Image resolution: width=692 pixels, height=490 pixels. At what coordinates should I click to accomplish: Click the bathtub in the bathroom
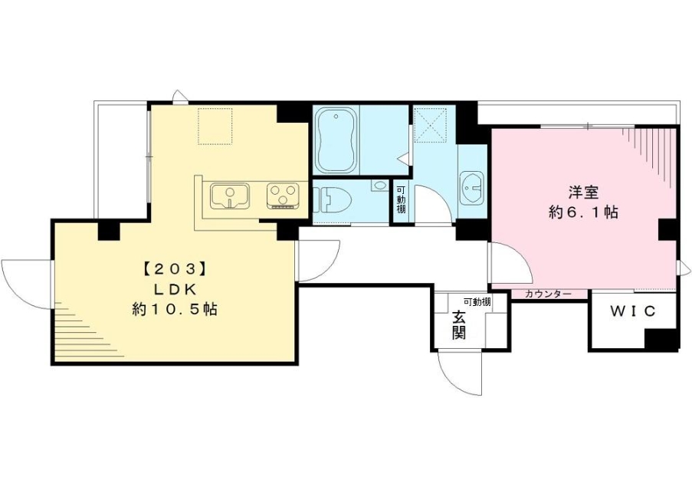(x=336, y=143)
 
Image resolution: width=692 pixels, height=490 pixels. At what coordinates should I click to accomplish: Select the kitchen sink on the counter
(x=228, y=196)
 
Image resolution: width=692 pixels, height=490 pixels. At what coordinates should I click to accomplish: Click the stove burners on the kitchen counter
(x=282, y=196)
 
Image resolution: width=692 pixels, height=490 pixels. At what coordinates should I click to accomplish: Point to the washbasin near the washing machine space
(x=472, y=187)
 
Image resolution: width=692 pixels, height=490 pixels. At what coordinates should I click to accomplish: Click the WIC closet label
(x=633, y=311)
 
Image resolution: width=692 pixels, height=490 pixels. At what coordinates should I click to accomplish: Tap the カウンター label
(x=548, y=294)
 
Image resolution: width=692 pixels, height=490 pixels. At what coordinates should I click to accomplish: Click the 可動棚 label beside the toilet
(x=400, y=201)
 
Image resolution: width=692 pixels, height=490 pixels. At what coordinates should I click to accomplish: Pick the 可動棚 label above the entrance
(x=477, y=301)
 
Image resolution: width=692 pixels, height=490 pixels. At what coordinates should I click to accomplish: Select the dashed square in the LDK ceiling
(x=215, y=125)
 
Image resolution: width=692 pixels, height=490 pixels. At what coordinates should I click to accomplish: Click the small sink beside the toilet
(x=380, y=186)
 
